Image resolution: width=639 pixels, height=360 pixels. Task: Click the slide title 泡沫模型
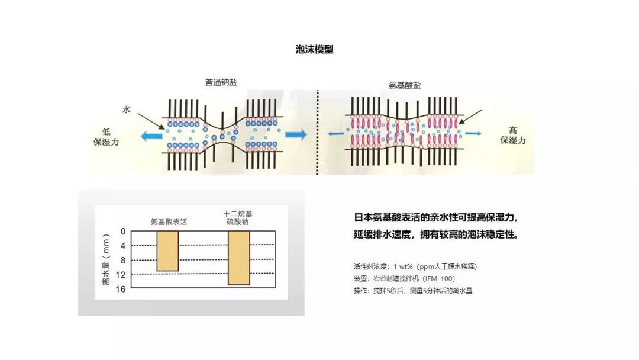pos(314,50)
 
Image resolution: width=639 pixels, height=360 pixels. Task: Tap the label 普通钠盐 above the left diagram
pos(221,82)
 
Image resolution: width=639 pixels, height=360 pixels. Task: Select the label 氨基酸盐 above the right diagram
pos(405,85)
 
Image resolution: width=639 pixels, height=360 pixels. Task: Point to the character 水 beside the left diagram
pos(126,110)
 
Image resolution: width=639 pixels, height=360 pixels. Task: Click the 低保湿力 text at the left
pos(106,136)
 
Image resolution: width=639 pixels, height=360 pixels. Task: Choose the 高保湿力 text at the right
pos(512,135)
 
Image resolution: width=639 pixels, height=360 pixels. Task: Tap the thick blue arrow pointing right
pos(296,134)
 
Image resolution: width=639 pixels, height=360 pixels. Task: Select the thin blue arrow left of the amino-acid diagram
pos(335,134)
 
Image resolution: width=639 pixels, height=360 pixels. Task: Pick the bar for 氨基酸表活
pos(167,250)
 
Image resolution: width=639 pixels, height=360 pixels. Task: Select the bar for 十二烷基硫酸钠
pos(238,258)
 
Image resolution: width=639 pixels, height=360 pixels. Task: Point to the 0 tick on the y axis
pos(123,231)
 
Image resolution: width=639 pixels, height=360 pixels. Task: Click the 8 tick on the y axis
pos(123,260)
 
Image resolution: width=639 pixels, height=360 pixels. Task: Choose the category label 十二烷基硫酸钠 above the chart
pos(238,217)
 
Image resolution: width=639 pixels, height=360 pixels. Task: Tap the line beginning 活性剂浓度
pos(415,266)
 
